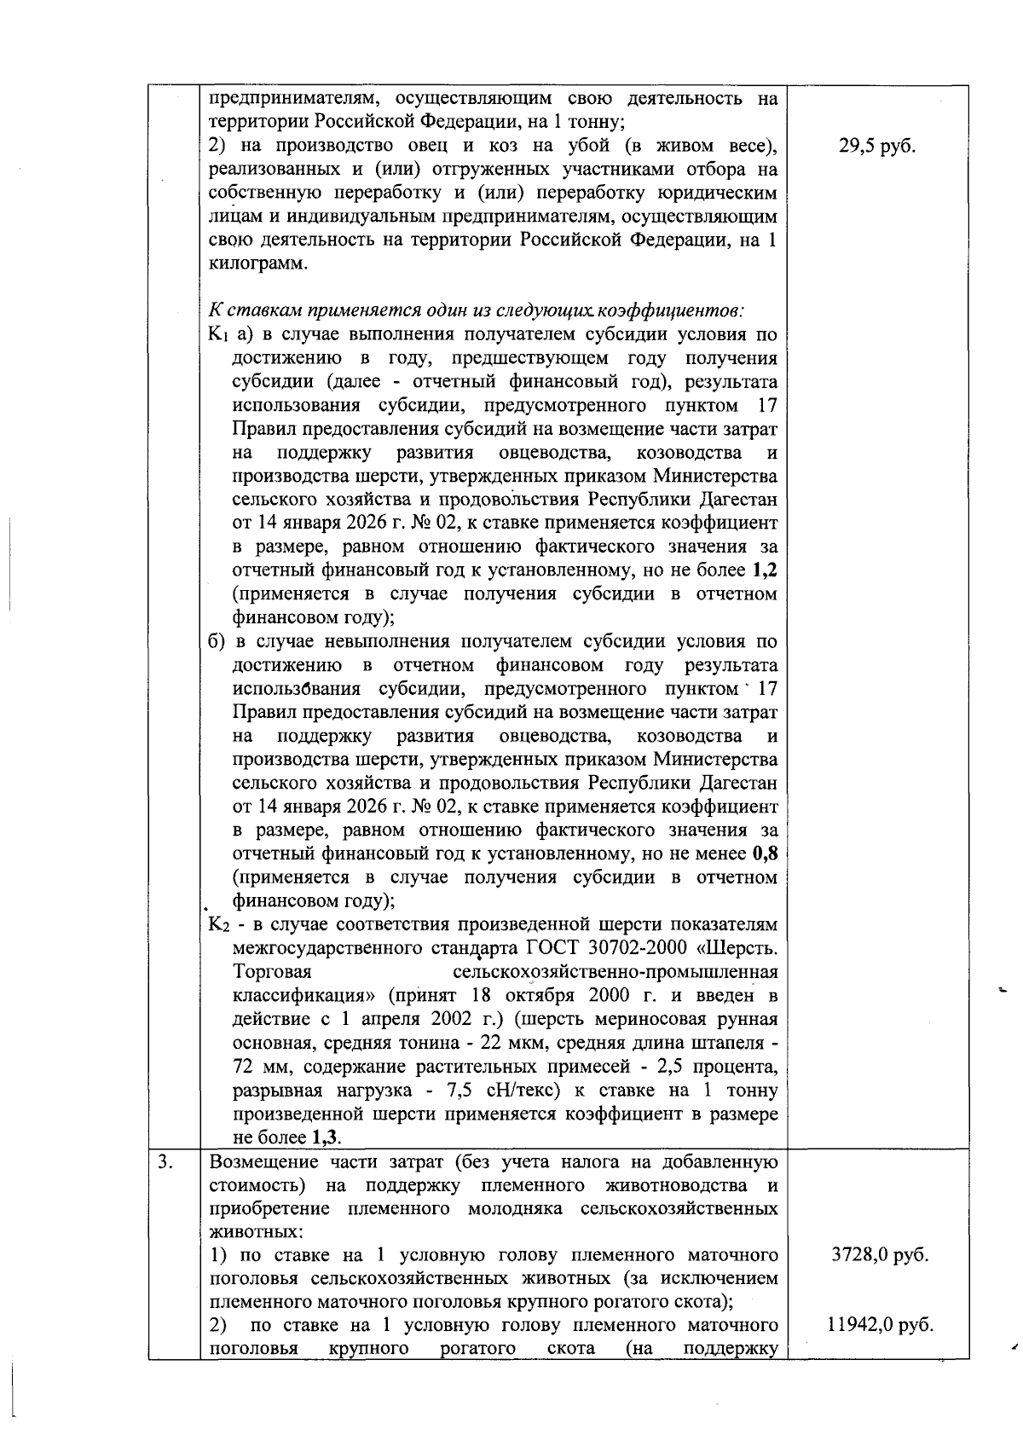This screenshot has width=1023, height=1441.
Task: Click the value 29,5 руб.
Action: (x=878, y=146)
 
